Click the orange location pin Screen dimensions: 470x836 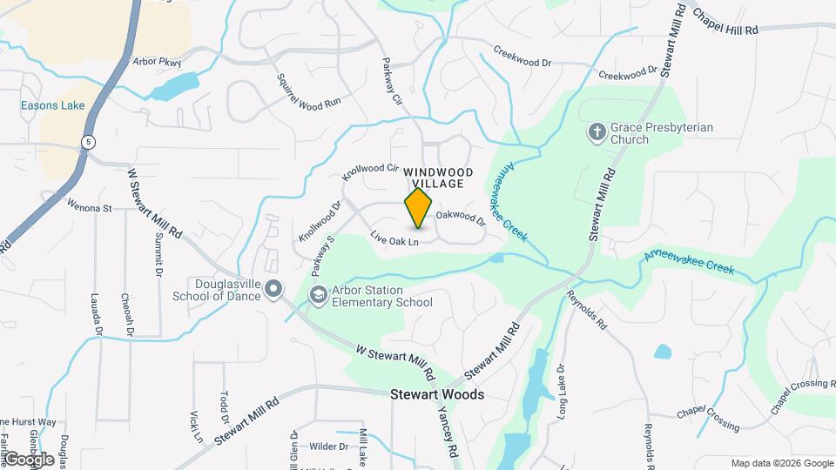(419, 208)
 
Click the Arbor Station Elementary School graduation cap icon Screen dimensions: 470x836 (318, 296)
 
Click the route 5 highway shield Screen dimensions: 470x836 (88, 141)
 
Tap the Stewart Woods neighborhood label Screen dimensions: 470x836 (437, 394)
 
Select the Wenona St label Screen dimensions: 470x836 (90, 207)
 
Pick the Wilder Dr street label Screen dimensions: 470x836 (328, 446)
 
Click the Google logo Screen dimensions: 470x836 (28, 459)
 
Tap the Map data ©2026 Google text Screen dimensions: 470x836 (780, 463)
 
